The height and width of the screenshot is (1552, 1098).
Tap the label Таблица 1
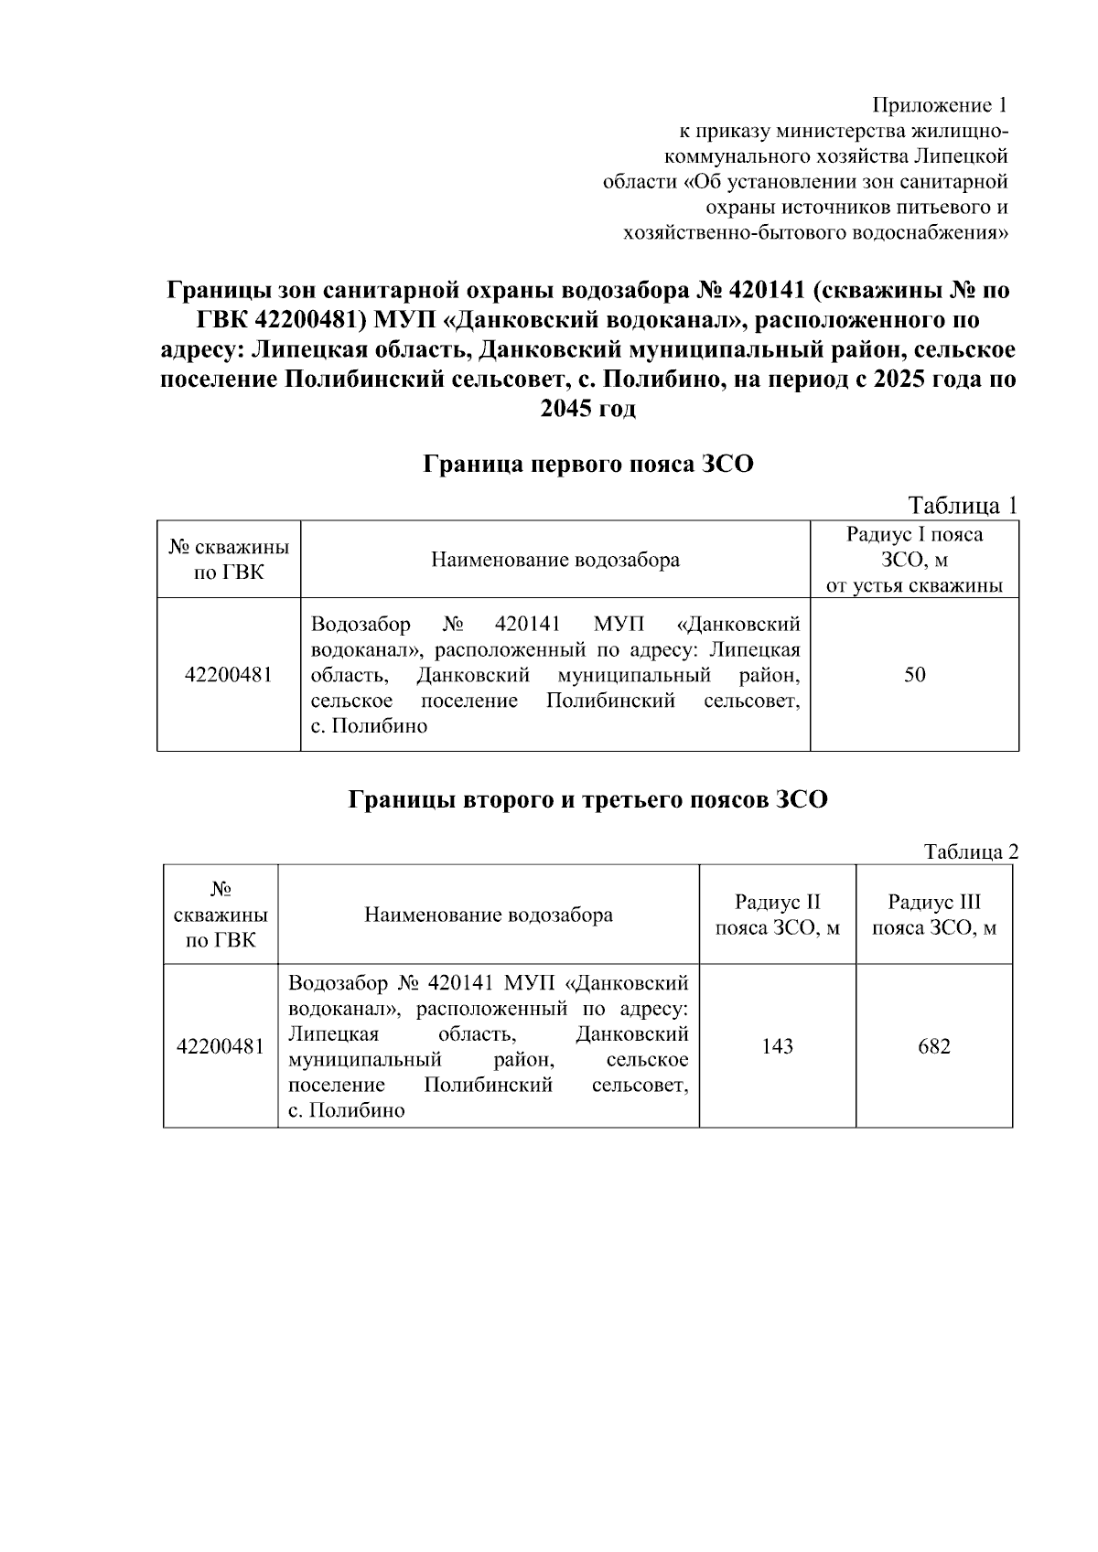tap(962, 505)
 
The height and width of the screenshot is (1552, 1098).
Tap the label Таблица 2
tap(970, 851)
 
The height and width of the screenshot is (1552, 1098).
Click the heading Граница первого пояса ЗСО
tap(587, 465)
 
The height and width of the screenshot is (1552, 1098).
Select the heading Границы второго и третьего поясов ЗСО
tap(587, 799)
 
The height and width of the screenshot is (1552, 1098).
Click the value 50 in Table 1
tap(914, 675)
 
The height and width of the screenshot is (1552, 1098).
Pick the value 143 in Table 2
tap(777, 1046)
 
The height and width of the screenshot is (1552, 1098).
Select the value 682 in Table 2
tap(934, 1046)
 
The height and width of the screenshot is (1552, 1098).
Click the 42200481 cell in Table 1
tap(228, 675)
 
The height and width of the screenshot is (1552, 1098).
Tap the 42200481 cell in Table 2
tap(221, 1046)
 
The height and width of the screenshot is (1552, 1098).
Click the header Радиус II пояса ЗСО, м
tap(777, 915)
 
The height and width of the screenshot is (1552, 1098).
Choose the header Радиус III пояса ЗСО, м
tap(934, 915)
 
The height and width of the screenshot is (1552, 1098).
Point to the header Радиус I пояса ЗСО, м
tap(914, 560)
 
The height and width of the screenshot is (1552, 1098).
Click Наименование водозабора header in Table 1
tap(555, 560)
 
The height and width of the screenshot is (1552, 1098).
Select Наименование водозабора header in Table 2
tap(489, 915)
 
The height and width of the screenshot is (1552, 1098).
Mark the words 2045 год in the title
tap(587, 409)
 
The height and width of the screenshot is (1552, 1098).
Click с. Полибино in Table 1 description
tap(369, 727)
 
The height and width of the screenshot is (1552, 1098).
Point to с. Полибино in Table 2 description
tap(346, 1111)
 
